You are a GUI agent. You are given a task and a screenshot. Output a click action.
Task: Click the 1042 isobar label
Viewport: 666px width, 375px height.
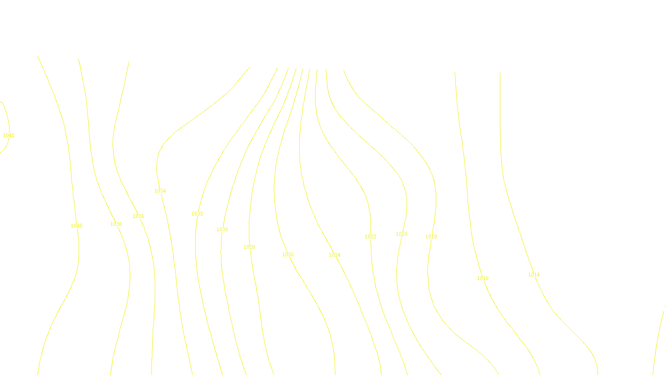click(9, 135)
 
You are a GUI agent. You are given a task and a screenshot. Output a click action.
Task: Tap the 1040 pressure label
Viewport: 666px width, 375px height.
click(77, 226)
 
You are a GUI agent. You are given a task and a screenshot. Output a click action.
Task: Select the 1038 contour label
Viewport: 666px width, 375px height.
click(116, 224)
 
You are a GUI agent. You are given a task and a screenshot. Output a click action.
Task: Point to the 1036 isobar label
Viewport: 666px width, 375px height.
click(139, 216)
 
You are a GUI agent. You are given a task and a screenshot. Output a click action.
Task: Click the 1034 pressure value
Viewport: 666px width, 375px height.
click(160, 191)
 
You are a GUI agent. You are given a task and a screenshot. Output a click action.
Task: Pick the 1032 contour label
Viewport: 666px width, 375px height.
click(197, 214)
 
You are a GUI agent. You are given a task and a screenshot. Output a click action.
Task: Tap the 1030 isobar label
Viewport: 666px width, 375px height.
click(222, 230)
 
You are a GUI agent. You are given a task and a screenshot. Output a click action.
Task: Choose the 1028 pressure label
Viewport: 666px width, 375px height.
click(249, 247)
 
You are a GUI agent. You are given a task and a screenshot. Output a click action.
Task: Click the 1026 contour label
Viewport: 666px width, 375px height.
click(288, 255)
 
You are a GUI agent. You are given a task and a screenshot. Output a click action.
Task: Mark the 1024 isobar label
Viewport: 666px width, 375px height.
click(335, 255)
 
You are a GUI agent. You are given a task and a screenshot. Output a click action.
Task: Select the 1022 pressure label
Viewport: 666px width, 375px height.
click(370, 237)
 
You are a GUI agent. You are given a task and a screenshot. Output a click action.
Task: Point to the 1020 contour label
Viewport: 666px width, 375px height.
click(402, 234)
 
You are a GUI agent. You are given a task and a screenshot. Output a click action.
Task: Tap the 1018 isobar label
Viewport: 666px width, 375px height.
click(431, 237)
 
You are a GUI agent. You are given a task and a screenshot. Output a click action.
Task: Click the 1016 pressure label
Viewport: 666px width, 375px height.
click(483, 278)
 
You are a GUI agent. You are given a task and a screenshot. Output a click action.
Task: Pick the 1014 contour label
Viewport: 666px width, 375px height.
click(534, 275)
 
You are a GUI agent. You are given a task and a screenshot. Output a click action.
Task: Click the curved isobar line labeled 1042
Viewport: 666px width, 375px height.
click(7, 117)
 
